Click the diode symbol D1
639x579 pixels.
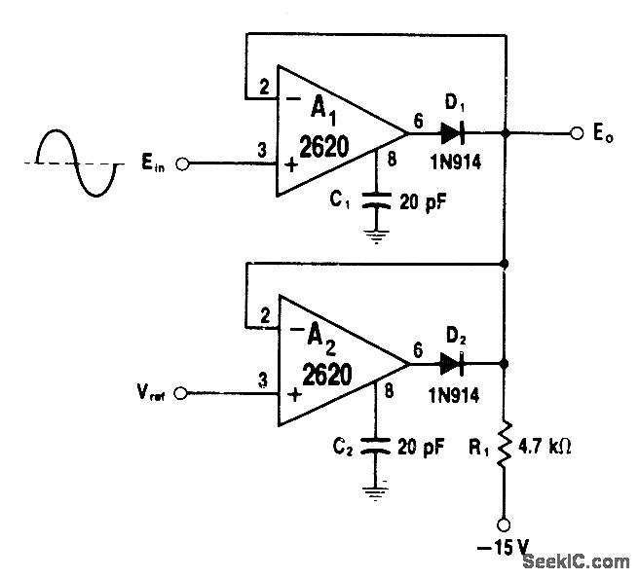[x=450, y=131]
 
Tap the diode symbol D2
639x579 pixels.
[x=450, y=364]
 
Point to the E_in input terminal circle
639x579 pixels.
[x=180, y=163]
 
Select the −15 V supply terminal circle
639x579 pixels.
[x=506, y=522]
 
